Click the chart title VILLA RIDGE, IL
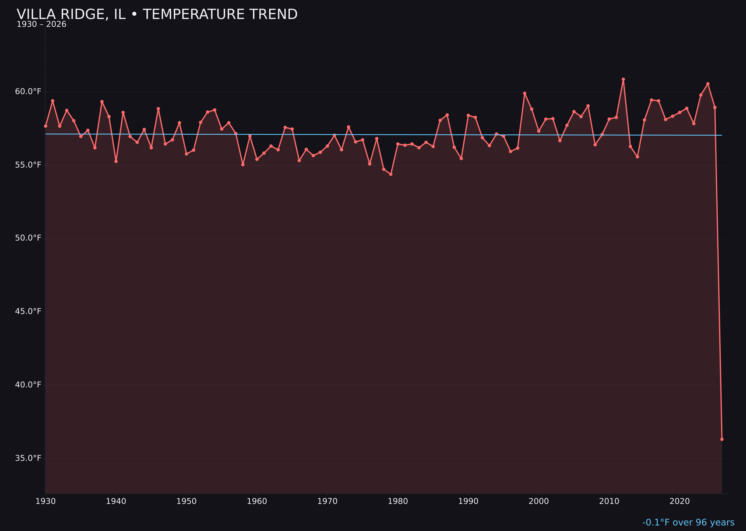coord(157,14)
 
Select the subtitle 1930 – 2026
coord(41,24)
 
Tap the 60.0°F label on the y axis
coord(28,91)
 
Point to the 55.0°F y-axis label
coord(28,165)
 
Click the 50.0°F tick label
coord(28,238)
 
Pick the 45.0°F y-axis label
coord(28,311)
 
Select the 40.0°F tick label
coord(28,385)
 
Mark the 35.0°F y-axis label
coord(28,458)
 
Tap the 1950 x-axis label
coord(186,501)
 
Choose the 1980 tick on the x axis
coord(398,501)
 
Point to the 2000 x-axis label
coord(539,501)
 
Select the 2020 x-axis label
coord(680,501)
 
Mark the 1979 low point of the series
coord(391,174)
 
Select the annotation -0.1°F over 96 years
coord(688,522)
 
